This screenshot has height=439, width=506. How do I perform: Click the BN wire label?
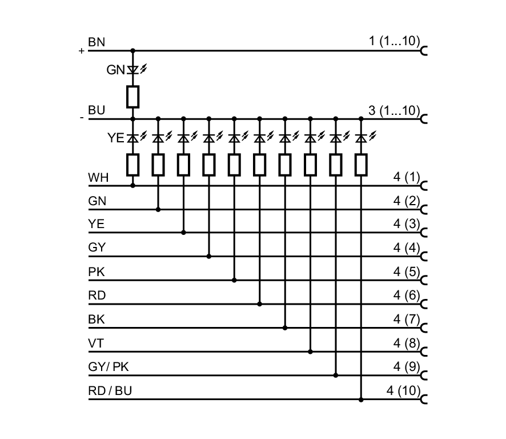click(x=96, y=43)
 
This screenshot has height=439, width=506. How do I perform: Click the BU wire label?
click(x=97, y=111)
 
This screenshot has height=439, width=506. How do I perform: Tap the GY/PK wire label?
click(x=113, y=367)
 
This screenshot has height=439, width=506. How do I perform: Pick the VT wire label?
click(x=96, y=343)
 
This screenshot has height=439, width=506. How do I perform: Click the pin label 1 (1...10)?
click(x=394, y=42)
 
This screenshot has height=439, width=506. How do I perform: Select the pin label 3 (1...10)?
click(x=394, y=111)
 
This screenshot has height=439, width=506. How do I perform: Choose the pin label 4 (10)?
click(x=403, y=391)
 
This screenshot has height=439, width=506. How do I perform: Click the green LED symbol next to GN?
click(x=133, y=70)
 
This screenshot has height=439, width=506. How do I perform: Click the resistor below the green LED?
click(x=133, y=97)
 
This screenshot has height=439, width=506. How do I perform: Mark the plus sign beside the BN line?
click(x=82, y=51)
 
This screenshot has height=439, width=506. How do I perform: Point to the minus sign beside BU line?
click(x=82, y=118)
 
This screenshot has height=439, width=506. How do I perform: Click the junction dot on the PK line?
click(x=234, y=280)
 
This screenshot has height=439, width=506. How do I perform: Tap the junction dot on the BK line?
click(x=285, y=328)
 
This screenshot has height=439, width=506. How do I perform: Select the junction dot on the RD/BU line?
click(x=361, y=399)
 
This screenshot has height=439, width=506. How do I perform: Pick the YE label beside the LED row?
click(x=116, y=138)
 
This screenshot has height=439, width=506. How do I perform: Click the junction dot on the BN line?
click(x=133, y=50)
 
